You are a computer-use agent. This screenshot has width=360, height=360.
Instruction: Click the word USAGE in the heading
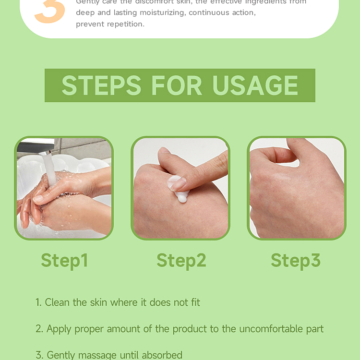pyautogui.click(x=255, y=85)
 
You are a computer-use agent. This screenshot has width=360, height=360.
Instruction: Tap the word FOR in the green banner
pyautogui.click(x=177, y=85)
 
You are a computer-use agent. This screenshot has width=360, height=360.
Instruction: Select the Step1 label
pyautogui.click(x=64, y=260)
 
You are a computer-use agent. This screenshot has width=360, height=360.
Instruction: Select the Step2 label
pyautogui.click(x=181, y=260)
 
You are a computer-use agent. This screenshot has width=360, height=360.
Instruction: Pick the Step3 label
pyautogui.click(x=295, y=260)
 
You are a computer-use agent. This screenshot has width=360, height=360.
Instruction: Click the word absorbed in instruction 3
pyautogui.click(x=162, y=355)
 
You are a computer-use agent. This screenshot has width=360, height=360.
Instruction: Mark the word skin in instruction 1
pyautogui.click(x=98, y=302)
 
